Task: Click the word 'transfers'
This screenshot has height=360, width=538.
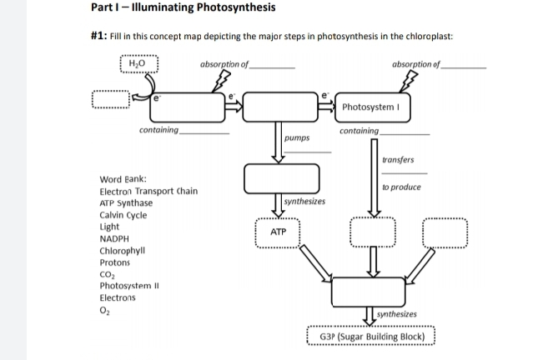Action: [397, 160]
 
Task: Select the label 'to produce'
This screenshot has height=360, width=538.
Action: [401, 187]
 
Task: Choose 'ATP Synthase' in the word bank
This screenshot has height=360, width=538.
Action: [126, 203]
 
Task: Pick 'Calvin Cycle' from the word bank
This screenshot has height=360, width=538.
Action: [123, 215]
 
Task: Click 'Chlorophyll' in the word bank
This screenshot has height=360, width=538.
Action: [122, 250]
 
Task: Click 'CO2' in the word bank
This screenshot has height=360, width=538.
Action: [107, 273]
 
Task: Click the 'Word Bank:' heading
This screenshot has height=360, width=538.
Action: [123, 180]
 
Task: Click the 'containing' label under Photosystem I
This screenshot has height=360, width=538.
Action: [360, 132]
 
